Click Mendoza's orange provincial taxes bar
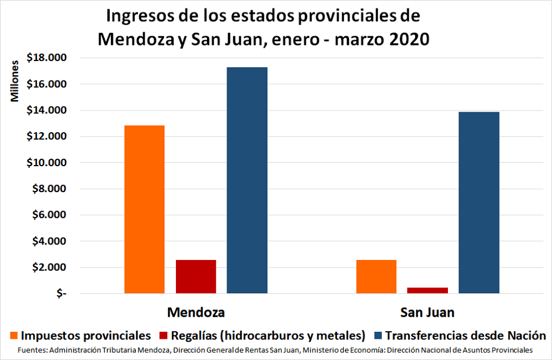pyautogui.click(x=144, y=209)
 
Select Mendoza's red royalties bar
pyautogui.click(x=195, y=277)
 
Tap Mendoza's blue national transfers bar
pyautogui.click(x=247, y=180)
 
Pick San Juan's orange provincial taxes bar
pyautogui.click(x=376, y=277)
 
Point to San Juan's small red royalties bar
pyautogui.click(x=427, y=290)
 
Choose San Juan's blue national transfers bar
pyautogui.click(x=479, y=202)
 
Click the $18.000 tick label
pyautogui.click(x=47, y=58)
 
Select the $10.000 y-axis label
pyautogui.click(x=47, y=163)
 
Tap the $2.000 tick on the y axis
pyautogui.click(x=49, y=268)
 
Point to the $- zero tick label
pyautogui.click(x=61, y=294)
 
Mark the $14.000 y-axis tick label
pyautogui.click(x=47, y=110)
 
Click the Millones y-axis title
pyautogui.click(x=16, y=80)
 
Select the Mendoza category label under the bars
pyautogui.click(x=195, y=313)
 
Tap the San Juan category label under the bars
pyautogui.click(x=427, y=313)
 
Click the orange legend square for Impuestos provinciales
pyautogui.click(x=13, y=335)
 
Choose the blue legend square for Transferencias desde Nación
pyautogui.click(x=377, y=335)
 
